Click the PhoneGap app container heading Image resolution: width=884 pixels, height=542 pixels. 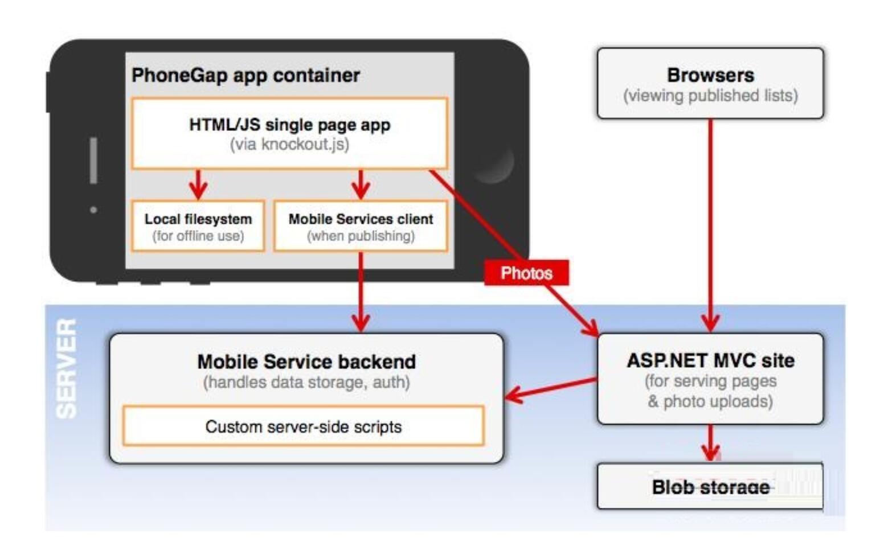pos(245,75)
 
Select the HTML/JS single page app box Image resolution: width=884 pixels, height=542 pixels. pos(289,133)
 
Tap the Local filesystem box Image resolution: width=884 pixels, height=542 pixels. pos(198,226)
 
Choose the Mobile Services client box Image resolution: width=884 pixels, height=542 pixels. pos(361,226)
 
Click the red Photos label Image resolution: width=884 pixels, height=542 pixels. pos(526,273)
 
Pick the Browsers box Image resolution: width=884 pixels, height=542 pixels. pos(710,83)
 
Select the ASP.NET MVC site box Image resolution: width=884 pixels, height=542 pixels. pos(710,379)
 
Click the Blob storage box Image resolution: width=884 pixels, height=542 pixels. pos(710,486)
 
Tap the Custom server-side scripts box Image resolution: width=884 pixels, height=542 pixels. pos(303,426)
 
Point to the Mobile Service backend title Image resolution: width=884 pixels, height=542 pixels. pos(306,362)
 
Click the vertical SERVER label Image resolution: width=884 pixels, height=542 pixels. pos(67,368)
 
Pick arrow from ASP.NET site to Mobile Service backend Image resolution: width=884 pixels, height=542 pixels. pos(550,387)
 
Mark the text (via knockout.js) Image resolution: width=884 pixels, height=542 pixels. pos(289,145)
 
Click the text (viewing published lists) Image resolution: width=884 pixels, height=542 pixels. pos(710,96)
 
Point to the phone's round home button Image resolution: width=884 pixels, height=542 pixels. pos(493,163)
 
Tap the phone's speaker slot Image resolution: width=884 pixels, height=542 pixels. pos(93,160)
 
